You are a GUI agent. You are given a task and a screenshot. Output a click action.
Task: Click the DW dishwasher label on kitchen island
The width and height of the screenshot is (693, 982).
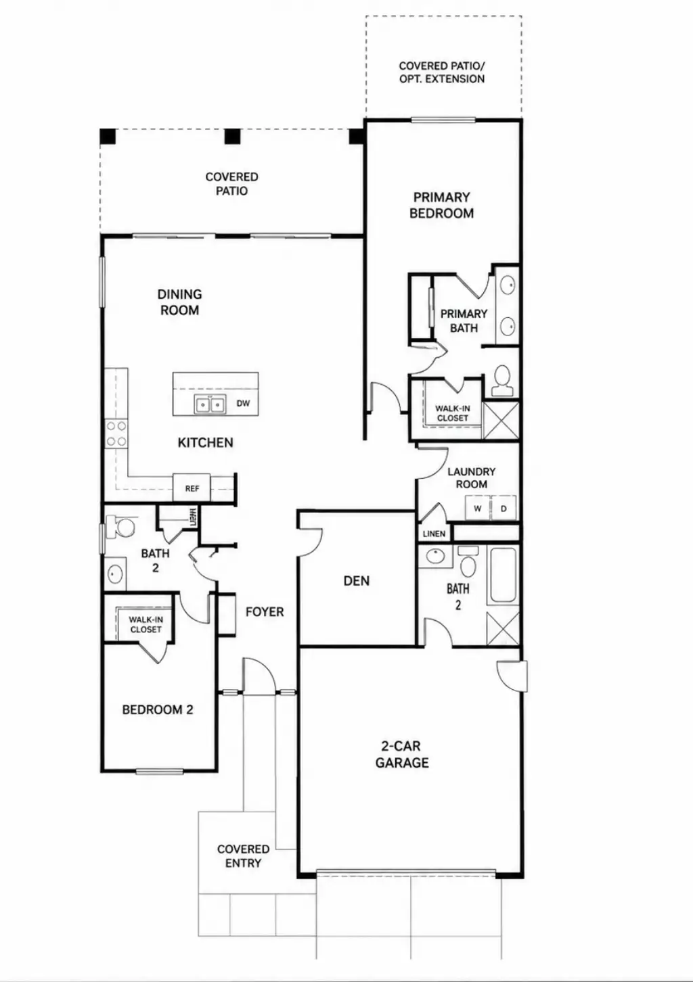(243, 403)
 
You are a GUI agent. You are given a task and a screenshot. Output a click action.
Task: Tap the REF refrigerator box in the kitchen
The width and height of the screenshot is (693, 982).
(192, 488)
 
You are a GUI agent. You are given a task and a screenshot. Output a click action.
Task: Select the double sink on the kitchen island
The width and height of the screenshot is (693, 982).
(210, 404)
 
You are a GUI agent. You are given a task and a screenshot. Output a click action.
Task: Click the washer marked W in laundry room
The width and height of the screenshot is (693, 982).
(478, 508)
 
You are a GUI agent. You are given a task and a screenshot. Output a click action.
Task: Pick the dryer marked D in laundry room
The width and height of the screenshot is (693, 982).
(504, 508)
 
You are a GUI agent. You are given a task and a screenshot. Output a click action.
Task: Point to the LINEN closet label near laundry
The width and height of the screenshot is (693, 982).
(434, 534)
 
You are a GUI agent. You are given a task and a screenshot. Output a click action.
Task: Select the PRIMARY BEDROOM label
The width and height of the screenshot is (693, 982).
(442, 205)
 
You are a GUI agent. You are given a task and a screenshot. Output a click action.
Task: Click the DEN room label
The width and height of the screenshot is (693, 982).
(356, 581)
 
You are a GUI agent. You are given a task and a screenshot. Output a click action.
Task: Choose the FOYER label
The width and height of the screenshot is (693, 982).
(265, 611)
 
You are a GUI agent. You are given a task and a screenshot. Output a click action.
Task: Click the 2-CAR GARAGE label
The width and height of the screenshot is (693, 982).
(402, 755)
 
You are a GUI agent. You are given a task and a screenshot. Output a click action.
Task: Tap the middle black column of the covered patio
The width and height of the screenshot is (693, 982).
(232, 137)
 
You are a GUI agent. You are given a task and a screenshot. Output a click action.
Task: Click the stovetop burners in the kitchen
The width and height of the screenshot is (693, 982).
(116, 433)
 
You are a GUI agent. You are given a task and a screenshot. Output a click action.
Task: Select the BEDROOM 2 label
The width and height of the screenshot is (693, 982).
(158, 709)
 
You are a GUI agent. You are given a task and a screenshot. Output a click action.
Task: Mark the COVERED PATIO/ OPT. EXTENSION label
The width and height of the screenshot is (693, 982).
(442, 72)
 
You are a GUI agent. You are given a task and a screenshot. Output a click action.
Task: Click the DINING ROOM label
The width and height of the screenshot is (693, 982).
(179, 302)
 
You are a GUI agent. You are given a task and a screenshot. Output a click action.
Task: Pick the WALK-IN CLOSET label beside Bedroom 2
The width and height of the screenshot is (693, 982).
(146, 625)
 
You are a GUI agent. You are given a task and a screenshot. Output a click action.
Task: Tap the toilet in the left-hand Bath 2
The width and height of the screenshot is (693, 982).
(122, 527)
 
